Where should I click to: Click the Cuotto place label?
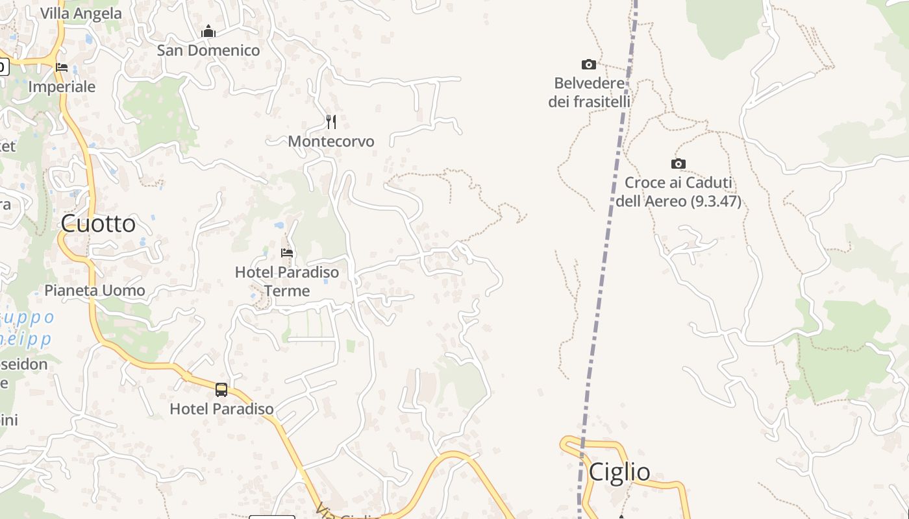tap(98, 224)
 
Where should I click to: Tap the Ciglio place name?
tap(619, 472)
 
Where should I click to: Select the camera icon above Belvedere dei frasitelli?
tap(589, 64)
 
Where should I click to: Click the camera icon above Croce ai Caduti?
tap(678, 163)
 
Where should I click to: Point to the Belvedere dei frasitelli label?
tap(589, 92)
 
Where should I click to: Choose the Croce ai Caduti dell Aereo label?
tap(678, 192)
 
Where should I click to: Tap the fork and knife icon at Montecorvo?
tap(331, 121)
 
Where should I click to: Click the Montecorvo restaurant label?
tap(331, 141)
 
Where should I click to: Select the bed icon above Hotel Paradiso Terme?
tap(287, 252)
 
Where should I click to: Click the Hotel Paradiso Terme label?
tap(287, 282)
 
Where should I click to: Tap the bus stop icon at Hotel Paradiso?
tap(221, 389)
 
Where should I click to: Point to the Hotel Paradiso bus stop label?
tap(221, 409)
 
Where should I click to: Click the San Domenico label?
tap(208, 51)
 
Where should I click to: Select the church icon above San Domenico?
tap(208, 31)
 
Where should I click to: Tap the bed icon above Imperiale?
tap(62, 67)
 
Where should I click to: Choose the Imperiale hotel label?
tap(62, 87)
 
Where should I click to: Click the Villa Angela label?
tap(81, 14)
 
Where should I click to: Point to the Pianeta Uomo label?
tap(95, 291)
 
